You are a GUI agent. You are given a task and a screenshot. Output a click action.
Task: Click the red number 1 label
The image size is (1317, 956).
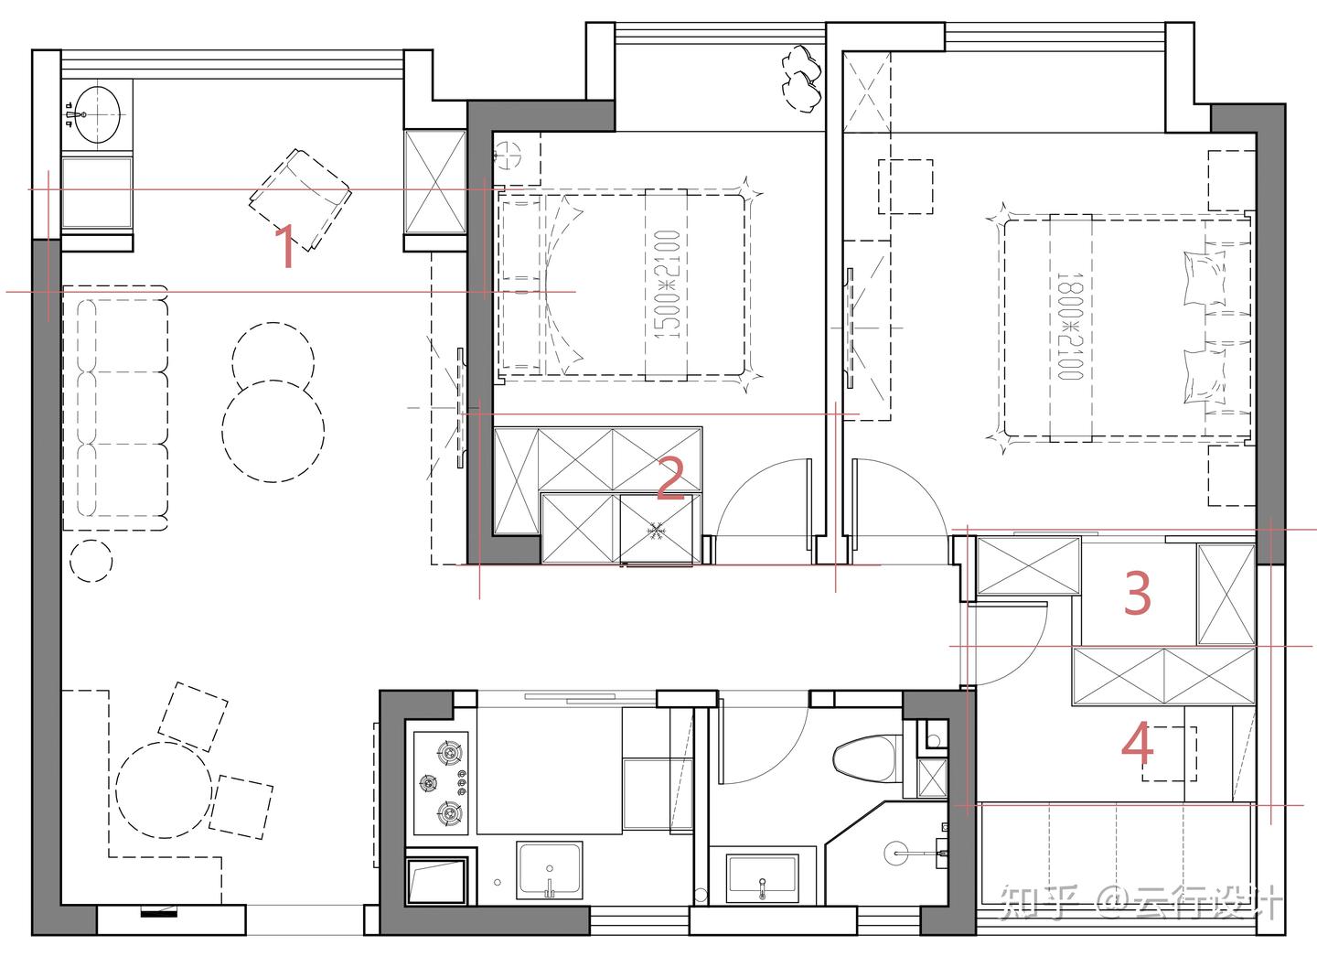pos(285,247)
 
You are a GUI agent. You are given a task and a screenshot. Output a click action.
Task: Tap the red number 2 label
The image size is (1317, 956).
pos(671,479)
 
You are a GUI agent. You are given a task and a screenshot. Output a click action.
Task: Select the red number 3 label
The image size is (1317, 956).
pos(1137,594)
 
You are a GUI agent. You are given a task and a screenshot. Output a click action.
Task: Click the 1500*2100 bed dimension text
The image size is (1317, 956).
pos(668,284)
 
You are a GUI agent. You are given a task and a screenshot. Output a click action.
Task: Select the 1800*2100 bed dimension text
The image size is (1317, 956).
pos(1070,326)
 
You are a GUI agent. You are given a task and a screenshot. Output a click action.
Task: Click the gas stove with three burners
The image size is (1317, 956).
pos(441,783)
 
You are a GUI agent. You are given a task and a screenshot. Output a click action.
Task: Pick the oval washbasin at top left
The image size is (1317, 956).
pos(98,115)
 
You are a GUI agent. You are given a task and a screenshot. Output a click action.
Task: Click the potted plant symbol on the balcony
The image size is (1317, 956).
pos(801,78)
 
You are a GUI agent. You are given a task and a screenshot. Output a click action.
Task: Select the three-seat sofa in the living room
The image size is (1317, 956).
pos(115,409)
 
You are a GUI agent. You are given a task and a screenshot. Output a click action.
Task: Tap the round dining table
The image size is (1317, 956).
pos(164,790)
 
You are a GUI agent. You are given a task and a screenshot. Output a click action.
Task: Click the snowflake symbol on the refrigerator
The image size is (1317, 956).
pos(655,531)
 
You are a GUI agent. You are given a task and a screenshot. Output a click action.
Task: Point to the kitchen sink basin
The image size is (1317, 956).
pos(549,870)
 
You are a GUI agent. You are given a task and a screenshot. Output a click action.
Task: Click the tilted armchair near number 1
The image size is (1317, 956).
pos(300,200)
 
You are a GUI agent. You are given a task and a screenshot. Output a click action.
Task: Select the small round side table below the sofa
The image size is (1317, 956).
pos(91,561)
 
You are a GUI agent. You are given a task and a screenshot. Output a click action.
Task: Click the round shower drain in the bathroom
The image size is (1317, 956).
pos(896,853)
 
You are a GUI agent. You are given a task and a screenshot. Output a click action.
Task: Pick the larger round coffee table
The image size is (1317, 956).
pos(273,431)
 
